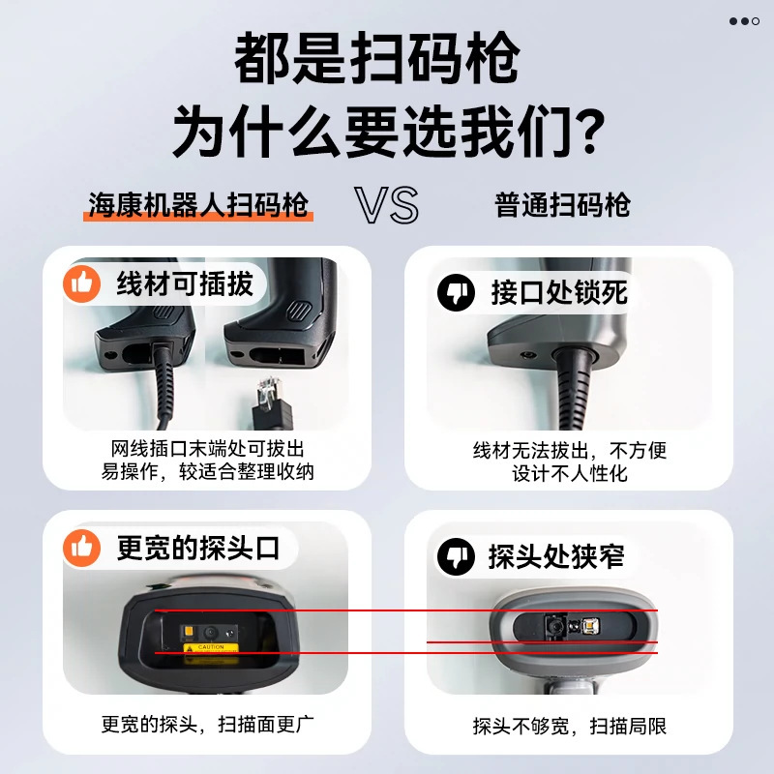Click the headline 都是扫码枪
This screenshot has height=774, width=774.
coord(376,60)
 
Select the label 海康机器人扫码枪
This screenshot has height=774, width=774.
coord(198,205)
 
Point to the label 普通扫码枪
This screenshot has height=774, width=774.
coord(562,205)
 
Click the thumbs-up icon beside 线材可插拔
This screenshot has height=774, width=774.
coord(82,284)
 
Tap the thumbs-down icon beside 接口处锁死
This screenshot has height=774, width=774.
coord(456,292)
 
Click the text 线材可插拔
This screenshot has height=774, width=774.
coord(185,284)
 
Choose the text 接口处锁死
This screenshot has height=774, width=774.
coord(558,292)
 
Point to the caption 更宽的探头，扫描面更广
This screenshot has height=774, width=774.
coord(207,723)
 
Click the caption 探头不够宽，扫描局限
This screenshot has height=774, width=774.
coord(569,726)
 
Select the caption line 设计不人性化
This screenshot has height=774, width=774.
coord(569,473)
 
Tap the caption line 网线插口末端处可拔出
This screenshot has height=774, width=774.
coord(207,450)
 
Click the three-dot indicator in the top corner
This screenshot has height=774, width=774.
coord(744,20)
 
